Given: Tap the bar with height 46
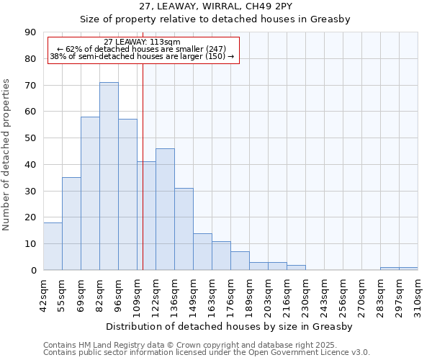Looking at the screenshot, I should point(165,209).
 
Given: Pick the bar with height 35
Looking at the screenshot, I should point(71,224).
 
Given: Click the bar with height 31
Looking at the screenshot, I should point(184,229).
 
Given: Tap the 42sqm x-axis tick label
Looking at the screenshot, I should point(44,293).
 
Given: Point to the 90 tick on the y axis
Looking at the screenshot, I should point(30,32).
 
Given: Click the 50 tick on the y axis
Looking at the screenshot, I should point(30,138).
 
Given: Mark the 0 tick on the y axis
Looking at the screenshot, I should point(32,270).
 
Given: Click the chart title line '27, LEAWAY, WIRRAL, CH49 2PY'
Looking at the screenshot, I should point(215,6).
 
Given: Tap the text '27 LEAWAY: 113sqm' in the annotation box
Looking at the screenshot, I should point(143,42).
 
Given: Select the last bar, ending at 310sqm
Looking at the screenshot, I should point(408,269).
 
